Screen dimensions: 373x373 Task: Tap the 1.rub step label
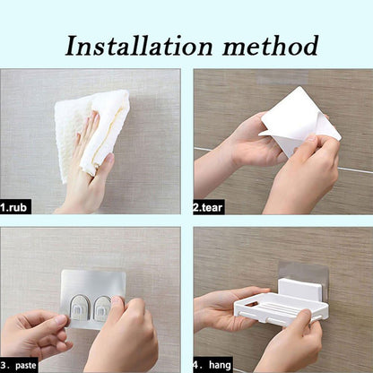(16, 206)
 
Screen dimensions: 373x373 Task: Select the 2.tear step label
(209, 206)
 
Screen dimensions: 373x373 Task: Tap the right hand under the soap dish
(291, 345)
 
